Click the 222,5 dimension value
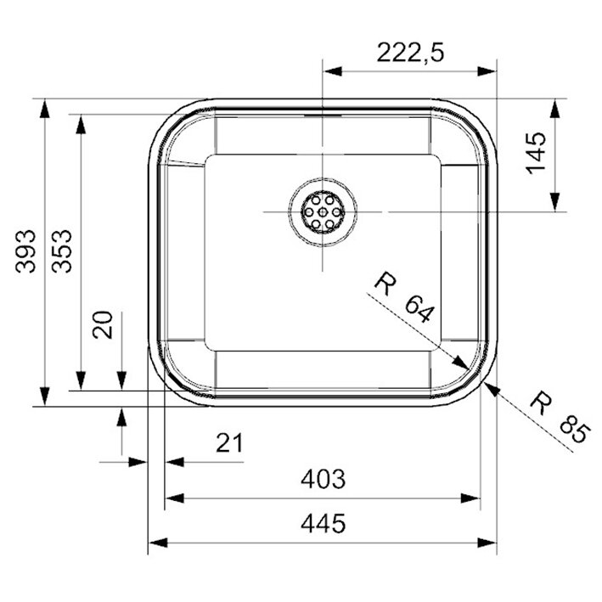410,52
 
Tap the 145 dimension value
536,153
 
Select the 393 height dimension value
25,251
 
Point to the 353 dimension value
62,251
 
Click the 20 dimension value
103,324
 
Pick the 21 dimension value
229,442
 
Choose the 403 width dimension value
323,479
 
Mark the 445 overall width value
323,523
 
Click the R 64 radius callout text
404,297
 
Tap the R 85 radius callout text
560,418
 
